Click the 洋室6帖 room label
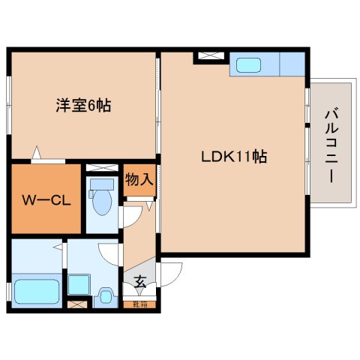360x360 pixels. click(82, 106)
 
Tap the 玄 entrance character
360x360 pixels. click(140, 282)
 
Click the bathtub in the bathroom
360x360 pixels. click(35, 290)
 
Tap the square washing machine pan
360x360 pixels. click(78, 283)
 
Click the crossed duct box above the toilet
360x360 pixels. click(102, 167)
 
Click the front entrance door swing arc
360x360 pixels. click(169, 274)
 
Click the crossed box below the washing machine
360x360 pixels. click(77, 304)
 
